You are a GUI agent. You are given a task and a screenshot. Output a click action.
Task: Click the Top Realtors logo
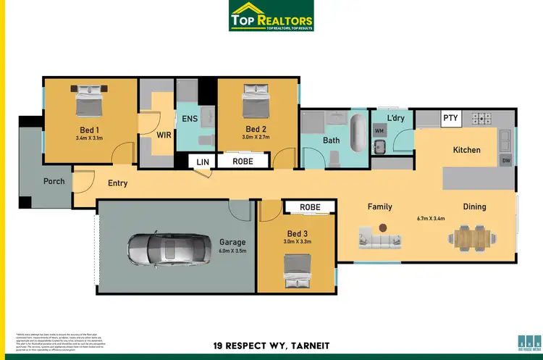271,16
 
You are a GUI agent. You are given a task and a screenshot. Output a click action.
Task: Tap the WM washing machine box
379,130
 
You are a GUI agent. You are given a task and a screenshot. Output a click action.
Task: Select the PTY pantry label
450,118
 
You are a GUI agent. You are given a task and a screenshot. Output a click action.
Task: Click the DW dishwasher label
506,161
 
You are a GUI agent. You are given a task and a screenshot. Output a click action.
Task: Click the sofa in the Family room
376,235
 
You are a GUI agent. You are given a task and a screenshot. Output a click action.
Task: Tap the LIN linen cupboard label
201,162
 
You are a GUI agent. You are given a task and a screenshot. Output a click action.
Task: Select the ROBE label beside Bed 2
243,162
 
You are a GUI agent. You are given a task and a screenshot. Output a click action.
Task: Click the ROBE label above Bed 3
310,208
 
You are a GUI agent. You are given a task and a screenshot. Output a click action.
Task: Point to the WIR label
163,135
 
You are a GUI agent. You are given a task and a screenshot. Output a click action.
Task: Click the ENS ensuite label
190,118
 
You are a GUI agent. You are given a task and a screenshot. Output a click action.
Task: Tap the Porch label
54,181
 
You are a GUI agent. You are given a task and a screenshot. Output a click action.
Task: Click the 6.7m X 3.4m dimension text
430,218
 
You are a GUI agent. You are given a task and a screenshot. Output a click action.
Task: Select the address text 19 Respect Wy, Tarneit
271,345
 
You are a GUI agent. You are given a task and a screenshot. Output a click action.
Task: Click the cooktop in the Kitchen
482,117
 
